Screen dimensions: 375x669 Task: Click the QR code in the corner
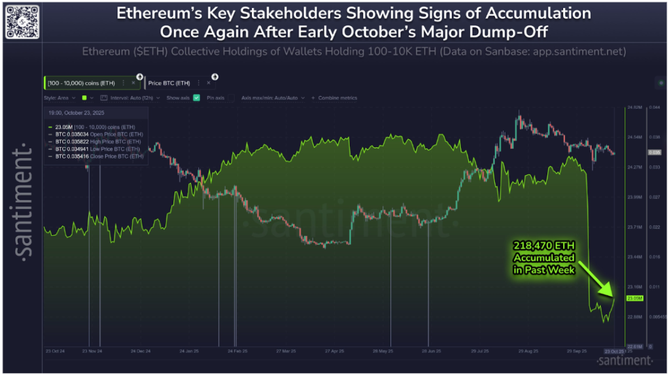click(20, 20)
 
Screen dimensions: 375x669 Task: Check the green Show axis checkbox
click(196, 97)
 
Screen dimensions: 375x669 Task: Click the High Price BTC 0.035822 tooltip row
click(98, 141)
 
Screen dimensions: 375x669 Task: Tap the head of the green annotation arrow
click(611, 294)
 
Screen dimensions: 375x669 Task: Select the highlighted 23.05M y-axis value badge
click(634, 299)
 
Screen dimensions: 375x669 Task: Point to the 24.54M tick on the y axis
click(634, 137)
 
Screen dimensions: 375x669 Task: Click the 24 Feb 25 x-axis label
click(238, 350)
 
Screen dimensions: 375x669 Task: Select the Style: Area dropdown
click(60, 97)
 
